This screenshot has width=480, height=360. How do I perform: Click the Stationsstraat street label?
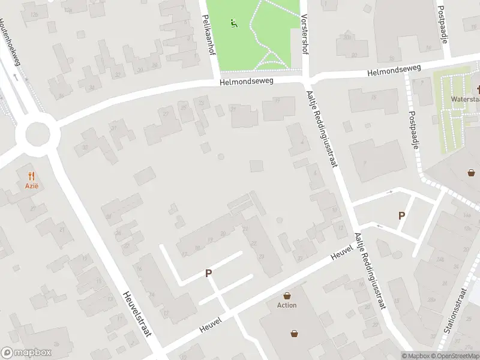(463, 310)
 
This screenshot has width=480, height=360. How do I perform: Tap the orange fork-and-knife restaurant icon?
(31, 176)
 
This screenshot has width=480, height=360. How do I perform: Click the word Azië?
(31, 186)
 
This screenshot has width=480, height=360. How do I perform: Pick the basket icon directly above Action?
(287, 295)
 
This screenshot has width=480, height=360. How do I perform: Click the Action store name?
(287, 305)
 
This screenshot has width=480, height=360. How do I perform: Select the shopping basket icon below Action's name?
(295, 333)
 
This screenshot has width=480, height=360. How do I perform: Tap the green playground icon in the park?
(233, 24)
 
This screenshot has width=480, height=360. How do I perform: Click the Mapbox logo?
(26, 353)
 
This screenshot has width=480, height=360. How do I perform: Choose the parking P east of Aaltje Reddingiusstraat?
(401, 215)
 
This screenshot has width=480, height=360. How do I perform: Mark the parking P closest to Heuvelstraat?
(209, 273)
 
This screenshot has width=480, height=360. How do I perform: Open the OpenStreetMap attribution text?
(457, 356)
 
